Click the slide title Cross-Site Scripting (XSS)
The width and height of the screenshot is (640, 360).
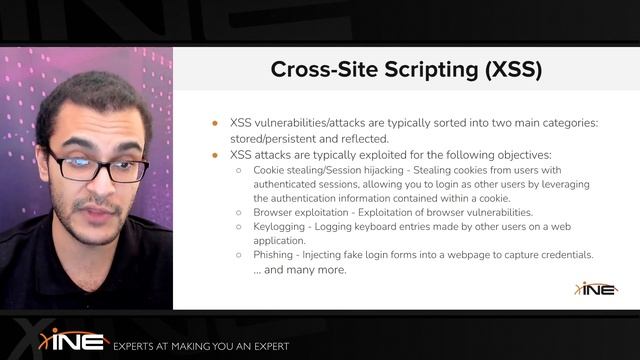406,70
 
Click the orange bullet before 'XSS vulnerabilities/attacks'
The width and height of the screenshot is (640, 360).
214,123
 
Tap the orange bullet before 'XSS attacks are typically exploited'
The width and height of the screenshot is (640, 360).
214,155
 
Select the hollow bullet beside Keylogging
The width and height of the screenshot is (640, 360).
238,227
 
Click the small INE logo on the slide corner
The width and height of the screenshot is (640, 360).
596,288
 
